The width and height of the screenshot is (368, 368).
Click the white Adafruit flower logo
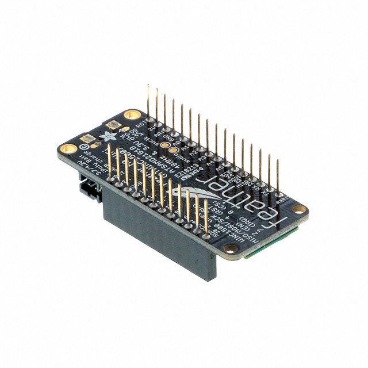coord(106,137)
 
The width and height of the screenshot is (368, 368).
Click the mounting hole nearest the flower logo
coord(132,114)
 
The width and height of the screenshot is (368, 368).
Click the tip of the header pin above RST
coord(148,87)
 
